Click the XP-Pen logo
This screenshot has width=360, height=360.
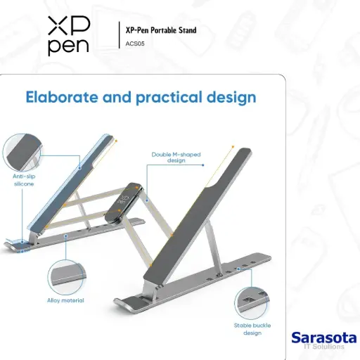[x=69, y=36]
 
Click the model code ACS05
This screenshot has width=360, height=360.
[x=136, y=44]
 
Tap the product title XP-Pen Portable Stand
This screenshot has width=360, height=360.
[x=160, y=30]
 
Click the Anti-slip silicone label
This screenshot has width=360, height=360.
[x=23, y=179]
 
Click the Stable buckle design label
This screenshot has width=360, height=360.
[x=250, y=329]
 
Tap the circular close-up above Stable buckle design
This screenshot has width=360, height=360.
[x=252, y=301]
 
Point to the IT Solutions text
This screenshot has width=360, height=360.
[x=332, y=347]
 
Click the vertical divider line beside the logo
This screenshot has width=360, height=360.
[x=117, y=35]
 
